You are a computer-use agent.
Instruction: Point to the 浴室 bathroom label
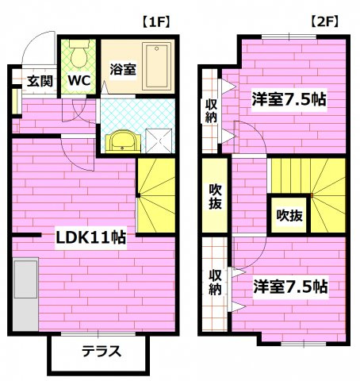(123, 68)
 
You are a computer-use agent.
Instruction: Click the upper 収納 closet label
(212, 110)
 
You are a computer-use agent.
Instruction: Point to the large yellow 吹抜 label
(214, 196)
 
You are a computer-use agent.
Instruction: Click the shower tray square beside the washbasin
(156, 139)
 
